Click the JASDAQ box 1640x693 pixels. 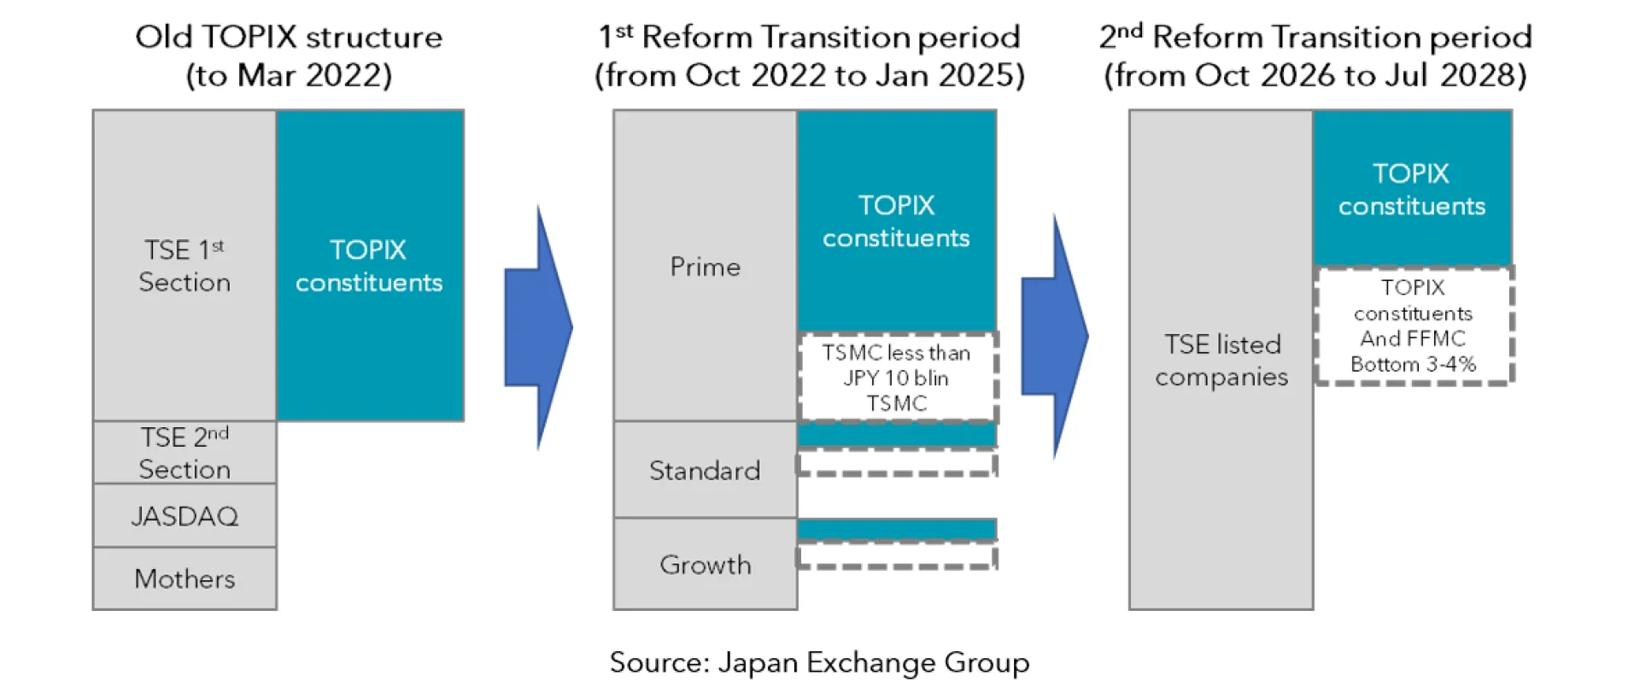[x=184, y=515]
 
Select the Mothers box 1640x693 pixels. [x=184, y=578]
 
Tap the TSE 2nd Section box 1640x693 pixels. [x=184, y=453]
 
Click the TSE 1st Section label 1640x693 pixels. [x=184, y=266]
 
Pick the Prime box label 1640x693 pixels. [x=705, y=267]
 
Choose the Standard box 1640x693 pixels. [x=705, y=470]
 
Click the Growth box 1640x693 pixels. [x=705, y=564]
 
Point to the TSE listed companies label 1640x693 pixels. [x=1221, y=360]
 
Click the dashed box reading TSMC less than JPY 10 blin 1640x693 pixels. [x=897, y=378]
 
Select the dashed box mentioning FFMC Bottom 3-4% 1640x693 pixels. [x=1414, y=326]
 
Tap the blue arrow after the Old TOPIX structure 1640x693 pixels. [x=538, y=327]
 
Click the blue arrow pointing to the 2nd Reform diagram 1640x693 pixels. [x=1055, y=336]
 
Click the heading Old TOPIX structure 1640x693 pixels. [x=289, y=37]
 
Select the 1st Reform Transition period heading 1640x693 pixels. [x=809, y=37]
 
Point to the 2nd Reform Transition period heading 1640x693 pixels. [x=1315, y=37]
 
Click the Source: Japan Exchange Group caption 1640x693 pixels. [x=819, y=662]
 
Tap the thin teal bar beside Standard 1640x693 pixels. [x=897, y=435]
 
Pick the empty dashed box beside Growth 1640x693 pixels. [x=897, y=556]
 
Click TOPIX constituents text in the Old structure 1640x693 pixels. [x=369, y=266]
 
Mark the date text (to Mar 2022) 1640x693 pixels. [x=289, y=75]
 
